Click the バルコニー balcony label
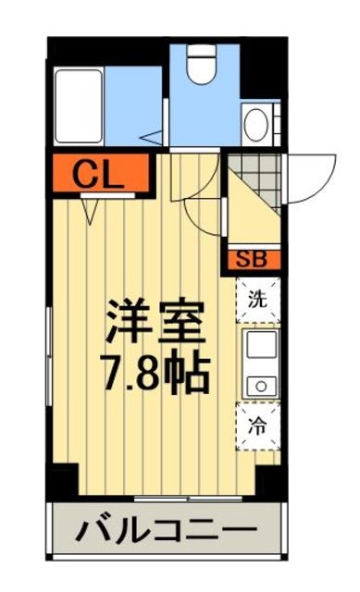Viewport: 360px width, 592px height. point(166,531)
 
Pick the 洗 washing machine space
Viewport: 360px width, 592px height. point(258,299)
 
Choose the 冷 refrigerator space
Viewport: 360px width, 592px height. point(258,426)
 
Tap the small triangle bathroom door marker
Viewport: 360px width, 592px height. point(149,138)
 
